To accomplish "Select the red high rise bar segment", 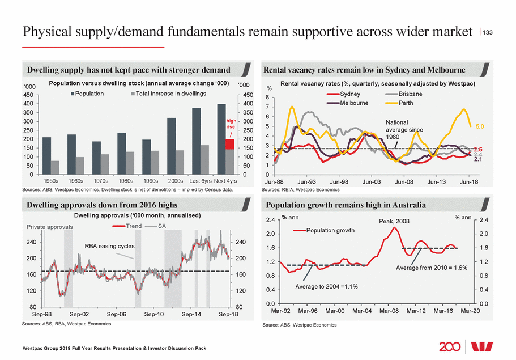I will [x=229, y=143].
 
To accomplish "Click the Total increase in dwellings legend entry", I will [x=167, y=94].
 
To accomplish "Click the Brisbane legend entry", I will [x=405, y=94].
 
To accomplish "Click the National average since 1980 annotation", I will [x=404, y=129].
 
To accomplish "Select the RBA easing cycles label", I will [x=109, y=247].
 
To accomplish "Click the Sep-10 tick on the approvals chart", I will [x=154, y=314].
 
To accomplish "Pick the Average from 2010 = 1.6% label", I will [x=432, y=267].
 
